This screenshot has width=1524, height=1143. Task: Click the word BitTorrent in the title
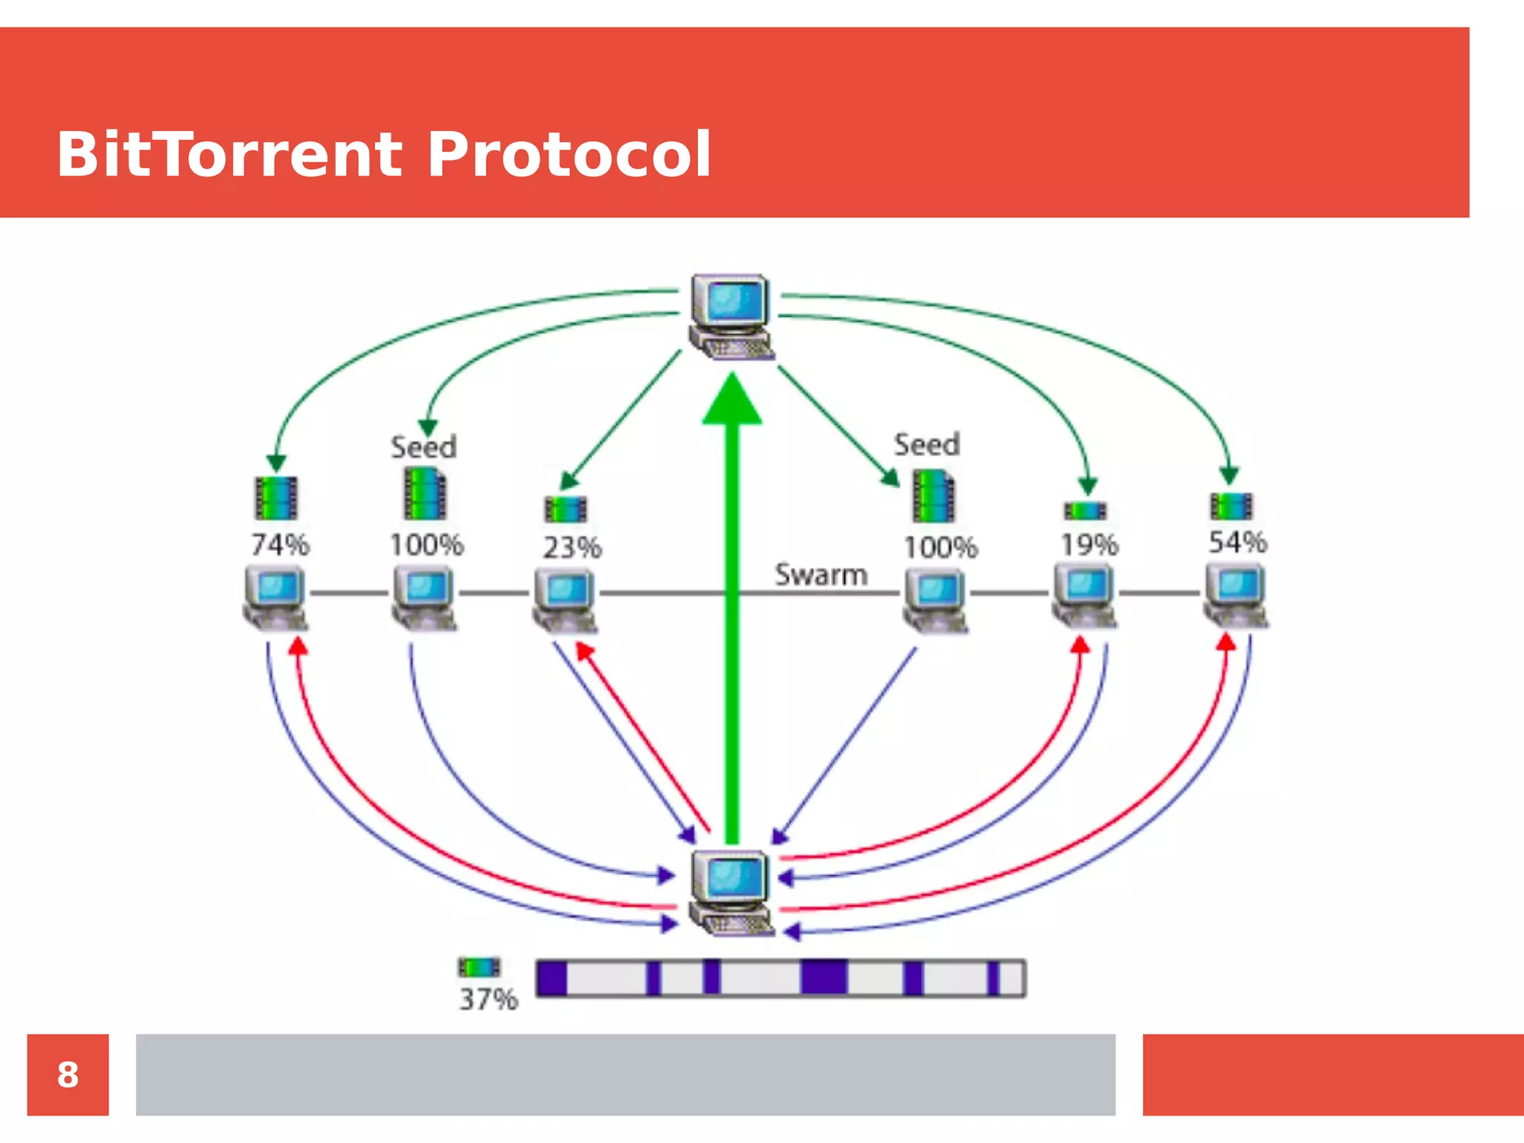(229, 155)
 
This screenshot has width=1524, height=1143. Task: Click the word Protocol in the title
(569, 155)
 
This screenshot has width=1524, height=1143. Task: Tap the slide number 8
(68, 1075)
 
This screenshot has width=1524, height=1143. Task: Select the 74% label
(280, 545)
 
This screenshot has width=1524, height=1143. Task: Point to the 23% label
(571, 548)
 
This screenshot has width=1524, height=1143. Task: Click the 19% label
(1089, 545)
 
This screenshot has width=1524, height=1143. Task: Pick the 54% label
(1237, 542)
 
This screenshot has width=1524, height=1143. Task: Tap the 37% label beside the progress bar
(487, 999)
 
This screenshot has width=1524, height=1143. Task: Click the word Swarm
(821, 574)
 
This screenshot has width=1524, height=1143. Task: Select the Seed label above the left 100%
(423, 447)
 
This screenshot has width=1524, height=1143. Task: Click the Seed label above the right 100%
(926, 445)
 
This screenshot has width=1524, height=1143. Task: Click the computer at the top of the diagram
(731, 317)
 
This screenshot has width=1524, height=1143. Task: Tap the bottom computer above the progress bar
(731, 893)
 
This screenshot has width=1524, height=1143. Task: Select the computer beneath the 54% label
(1236, 595)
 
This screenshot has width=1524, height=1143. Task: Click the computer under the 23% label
(565, 600)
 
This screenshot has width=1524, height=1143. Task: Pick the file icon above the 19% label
(1086, 510)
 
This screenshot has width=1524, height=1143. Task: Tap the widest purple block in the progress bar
(823, 978)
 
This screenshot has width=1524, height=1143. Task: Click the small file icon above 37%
(478, 967)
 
